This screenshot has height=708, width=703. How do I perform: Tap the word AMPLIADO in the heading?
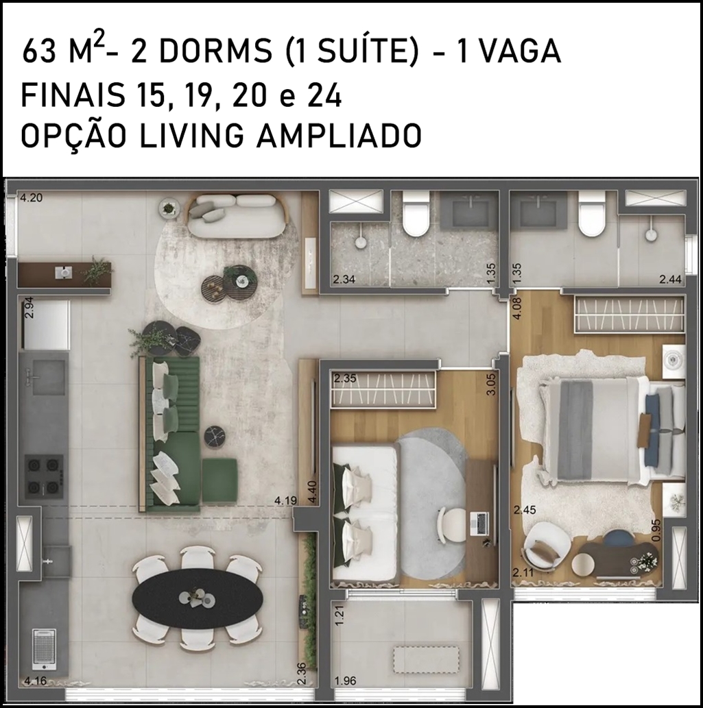coord(339,135)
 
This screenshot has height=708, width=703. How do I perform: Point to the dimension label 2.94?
coord(29,308)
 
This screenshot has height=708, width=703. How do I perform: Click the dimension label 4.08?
coord(517,307)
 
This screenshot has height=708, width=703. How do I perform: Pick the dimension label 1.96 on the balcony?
coord(346,681)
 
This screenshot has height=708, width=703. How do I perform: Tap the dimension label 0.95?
coord(656,530)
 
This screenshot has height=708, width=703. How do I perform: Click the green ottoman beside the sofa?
coord(219,480)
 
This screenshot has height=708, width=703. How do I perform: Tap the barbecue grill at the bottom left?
coord(45,648)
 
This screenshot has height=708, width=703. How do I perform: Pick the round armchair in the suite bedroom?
coord(545,545)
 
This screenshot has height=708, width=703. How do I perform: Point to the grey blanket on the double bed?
coord(575,430)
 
